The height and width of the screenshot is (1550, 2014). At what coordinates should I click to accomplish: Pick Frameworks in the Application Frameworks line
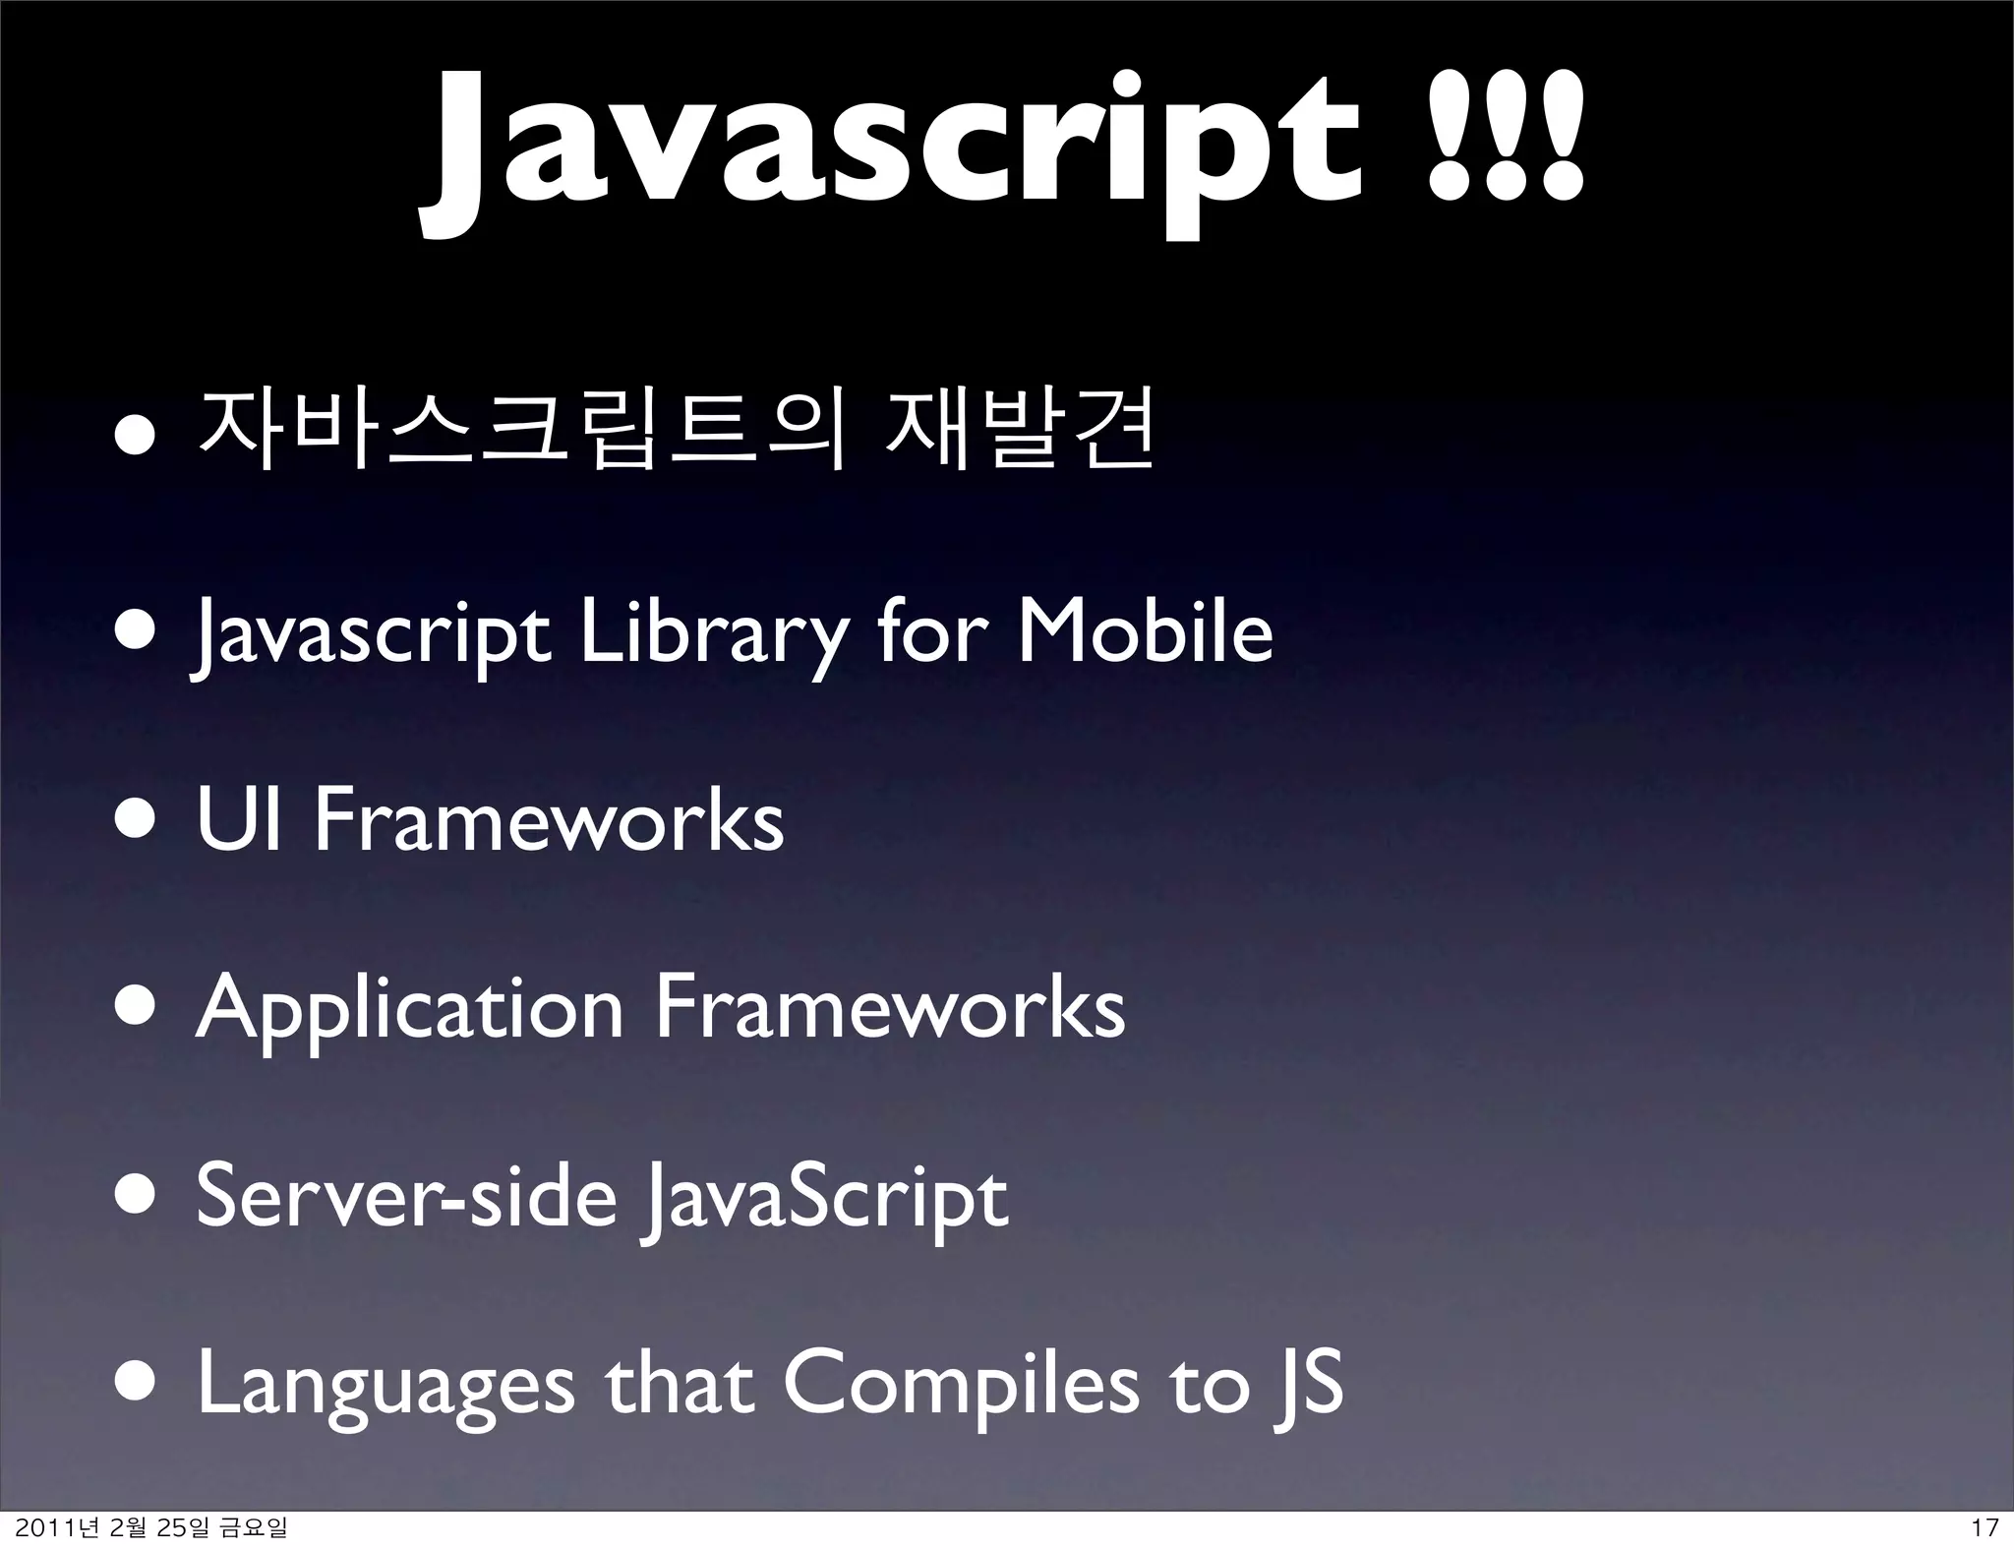coord(890,1007)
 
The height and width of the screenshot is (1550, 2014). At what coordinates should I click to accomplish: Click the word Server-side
coord(406,1196)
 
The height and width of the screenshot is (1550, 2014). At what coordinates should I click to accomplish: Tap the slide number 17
coord(1984,1527)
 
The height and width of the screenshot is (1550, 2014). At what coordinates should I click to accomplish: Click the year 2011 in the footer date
coord(45,1527)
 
